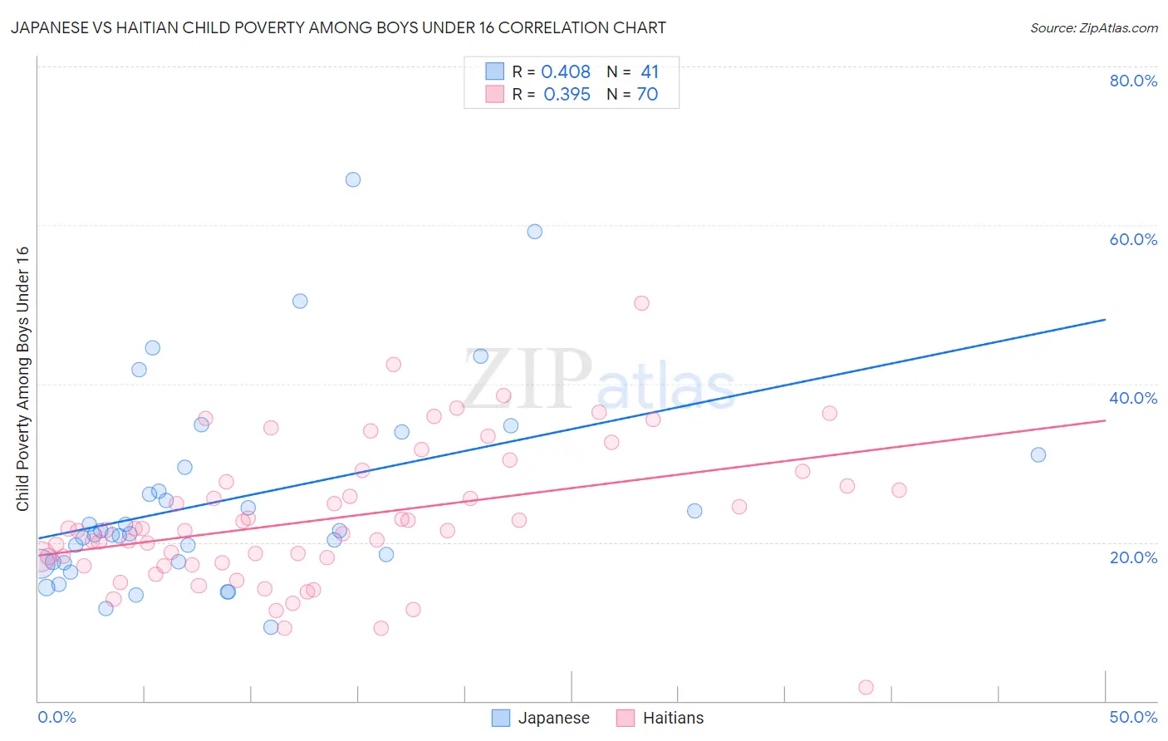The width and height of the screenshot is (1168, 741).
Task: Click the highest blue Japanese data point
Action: coord(353,179)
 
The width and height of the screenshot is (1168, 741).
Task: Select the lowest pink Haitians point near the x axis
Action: coord(866,687)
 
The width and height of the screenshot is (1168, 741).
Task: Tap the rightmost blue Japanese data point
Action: coord(1038,454)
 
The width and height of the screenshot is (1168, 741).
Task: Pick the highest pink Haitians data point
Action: coord(641,303)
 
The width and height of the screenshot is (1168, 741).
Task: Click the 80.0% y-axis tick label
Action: coord(1133,81)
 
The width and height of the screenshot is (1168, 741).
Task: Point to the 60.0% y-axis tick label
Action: coord(1133,239)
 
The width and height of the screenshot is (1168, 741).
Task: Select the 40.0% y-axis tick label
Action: coord(1133,398)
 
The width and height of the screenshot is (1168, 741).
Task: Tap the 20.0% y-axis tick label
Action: coord(1133,557)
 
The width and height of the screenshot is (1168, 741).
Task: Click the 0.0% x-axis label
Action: coord(56,717)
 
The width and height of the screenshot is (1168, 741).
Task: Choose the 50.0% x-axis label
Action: coord(1133,717)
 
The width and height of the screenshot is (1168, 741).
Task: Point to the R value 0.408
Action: coord(566,72)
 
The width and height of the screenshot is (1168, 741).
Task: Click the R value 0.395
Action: coord(567,95)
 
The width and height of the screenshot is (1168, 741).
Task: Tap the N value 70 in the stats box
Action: coord(647,95)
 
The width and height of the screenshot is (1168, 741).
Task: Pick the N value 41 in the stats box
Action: coord(650,72)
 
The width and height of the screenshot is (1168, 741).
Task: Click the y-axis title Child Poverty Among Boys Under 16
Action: coord(22,379)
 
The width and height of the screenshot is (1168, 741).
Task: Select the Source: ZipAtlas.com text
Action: coord(1093,28)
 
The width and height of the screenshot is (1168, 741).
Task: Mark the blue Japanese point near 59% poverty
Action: coord(534,232)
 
